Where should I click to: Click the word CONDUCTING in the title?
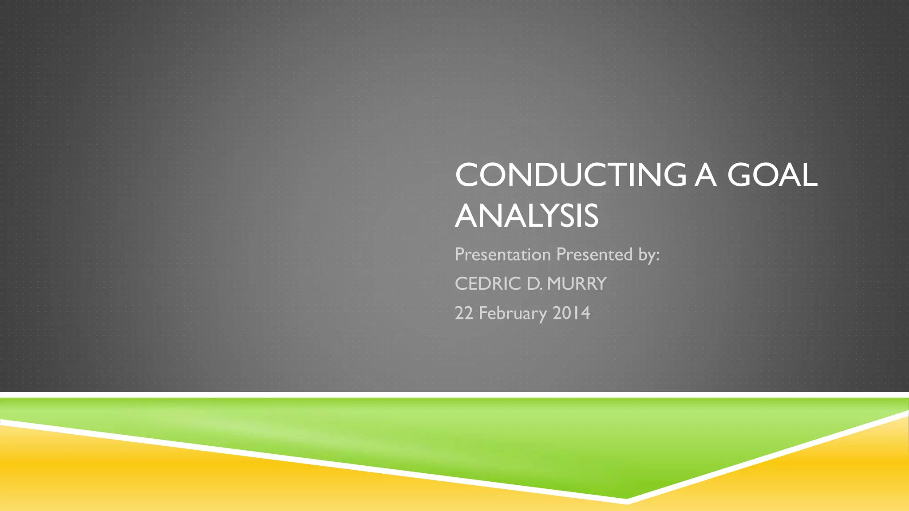pyautogui.click(x=570, y=175)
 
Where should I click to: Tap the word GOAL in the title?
pyautogui.click(x=772, y=175)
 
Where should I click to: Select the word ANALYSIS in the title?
pyautogui.click(x=527, y=216)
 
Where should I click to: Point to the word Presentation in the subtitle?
pyautogui.click(x=502, y=255)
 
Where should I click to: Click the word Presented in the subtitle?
pyautogui.click(x=594, y=255)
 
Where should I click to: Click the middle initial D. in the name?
pyautogui.click(x=534, y=284)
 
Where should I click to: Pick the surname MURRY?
pyautogui.click(x=577, y=284)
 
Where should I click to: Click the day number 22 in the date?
pyautogui.click(x=464, y=313)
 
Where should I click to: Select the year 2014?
pyautogui.click(x=571, y=313)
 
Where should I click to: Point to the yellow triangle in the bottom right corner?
pyautogui.click(x=843, y=470)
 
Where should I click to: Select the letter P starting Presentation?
pyautogui.click(x=459, y=254)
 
